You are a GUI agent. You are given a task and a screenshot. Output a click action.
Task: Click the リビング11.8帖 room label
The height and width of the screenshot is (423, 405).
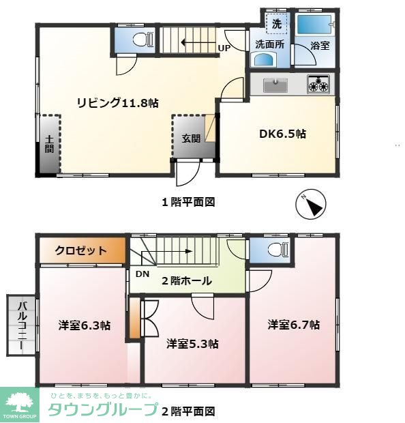click(x=117, y=103)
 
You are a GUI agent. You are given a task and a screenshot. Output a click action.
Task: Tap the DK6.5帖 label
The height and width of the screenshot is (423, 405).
click(x=282, y=134)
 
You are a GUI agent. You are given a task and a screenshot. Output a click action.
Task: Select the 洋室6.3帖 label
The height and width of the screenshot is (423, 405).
click(x=85, y=325)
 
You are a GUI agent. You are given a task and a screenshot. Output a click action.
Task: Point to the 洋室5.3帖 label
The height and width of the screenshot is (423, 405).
click(x=192, y=343)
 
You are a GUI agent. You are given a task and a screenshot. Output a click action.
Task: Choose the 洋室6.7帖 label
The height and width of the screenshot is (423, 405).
click(x=293, y=325)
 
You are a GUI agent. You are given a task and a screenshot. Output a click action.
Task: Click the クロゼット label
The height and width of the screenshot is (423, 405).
click(x=80, y=250)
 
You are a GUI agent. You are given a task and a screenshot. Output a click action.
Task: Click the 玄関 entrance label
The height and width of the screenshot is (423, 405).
click(x=191, y=138)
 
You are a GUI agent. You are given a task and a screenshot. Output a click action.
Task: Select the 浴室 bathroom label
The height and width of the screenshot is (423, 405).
click(x=320, y=46)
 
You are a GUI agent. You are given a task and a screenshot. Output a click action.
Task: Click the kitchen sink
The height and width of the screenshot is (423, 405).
click(x=275, y=85)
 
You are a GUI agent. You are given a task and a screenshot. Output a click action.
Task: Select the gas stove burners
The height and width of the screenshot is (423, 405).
click(x=318, y=85)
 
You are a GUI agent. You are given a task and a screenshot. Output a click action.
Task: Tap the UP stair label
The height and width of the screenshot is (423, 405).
click(x=224, y=48)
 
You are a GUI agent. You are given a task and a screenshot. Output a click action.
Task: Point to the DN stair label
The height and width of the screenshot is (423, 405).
click(x=142, y=274)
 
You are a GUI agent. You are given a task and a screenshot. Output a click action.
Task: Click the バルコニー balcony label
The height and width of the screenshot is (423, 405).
click(x=21, y=325)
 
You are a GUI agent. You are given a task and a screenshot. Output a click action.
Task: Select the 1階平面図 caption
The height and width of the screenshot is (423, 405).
click(x=188, y=202)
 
